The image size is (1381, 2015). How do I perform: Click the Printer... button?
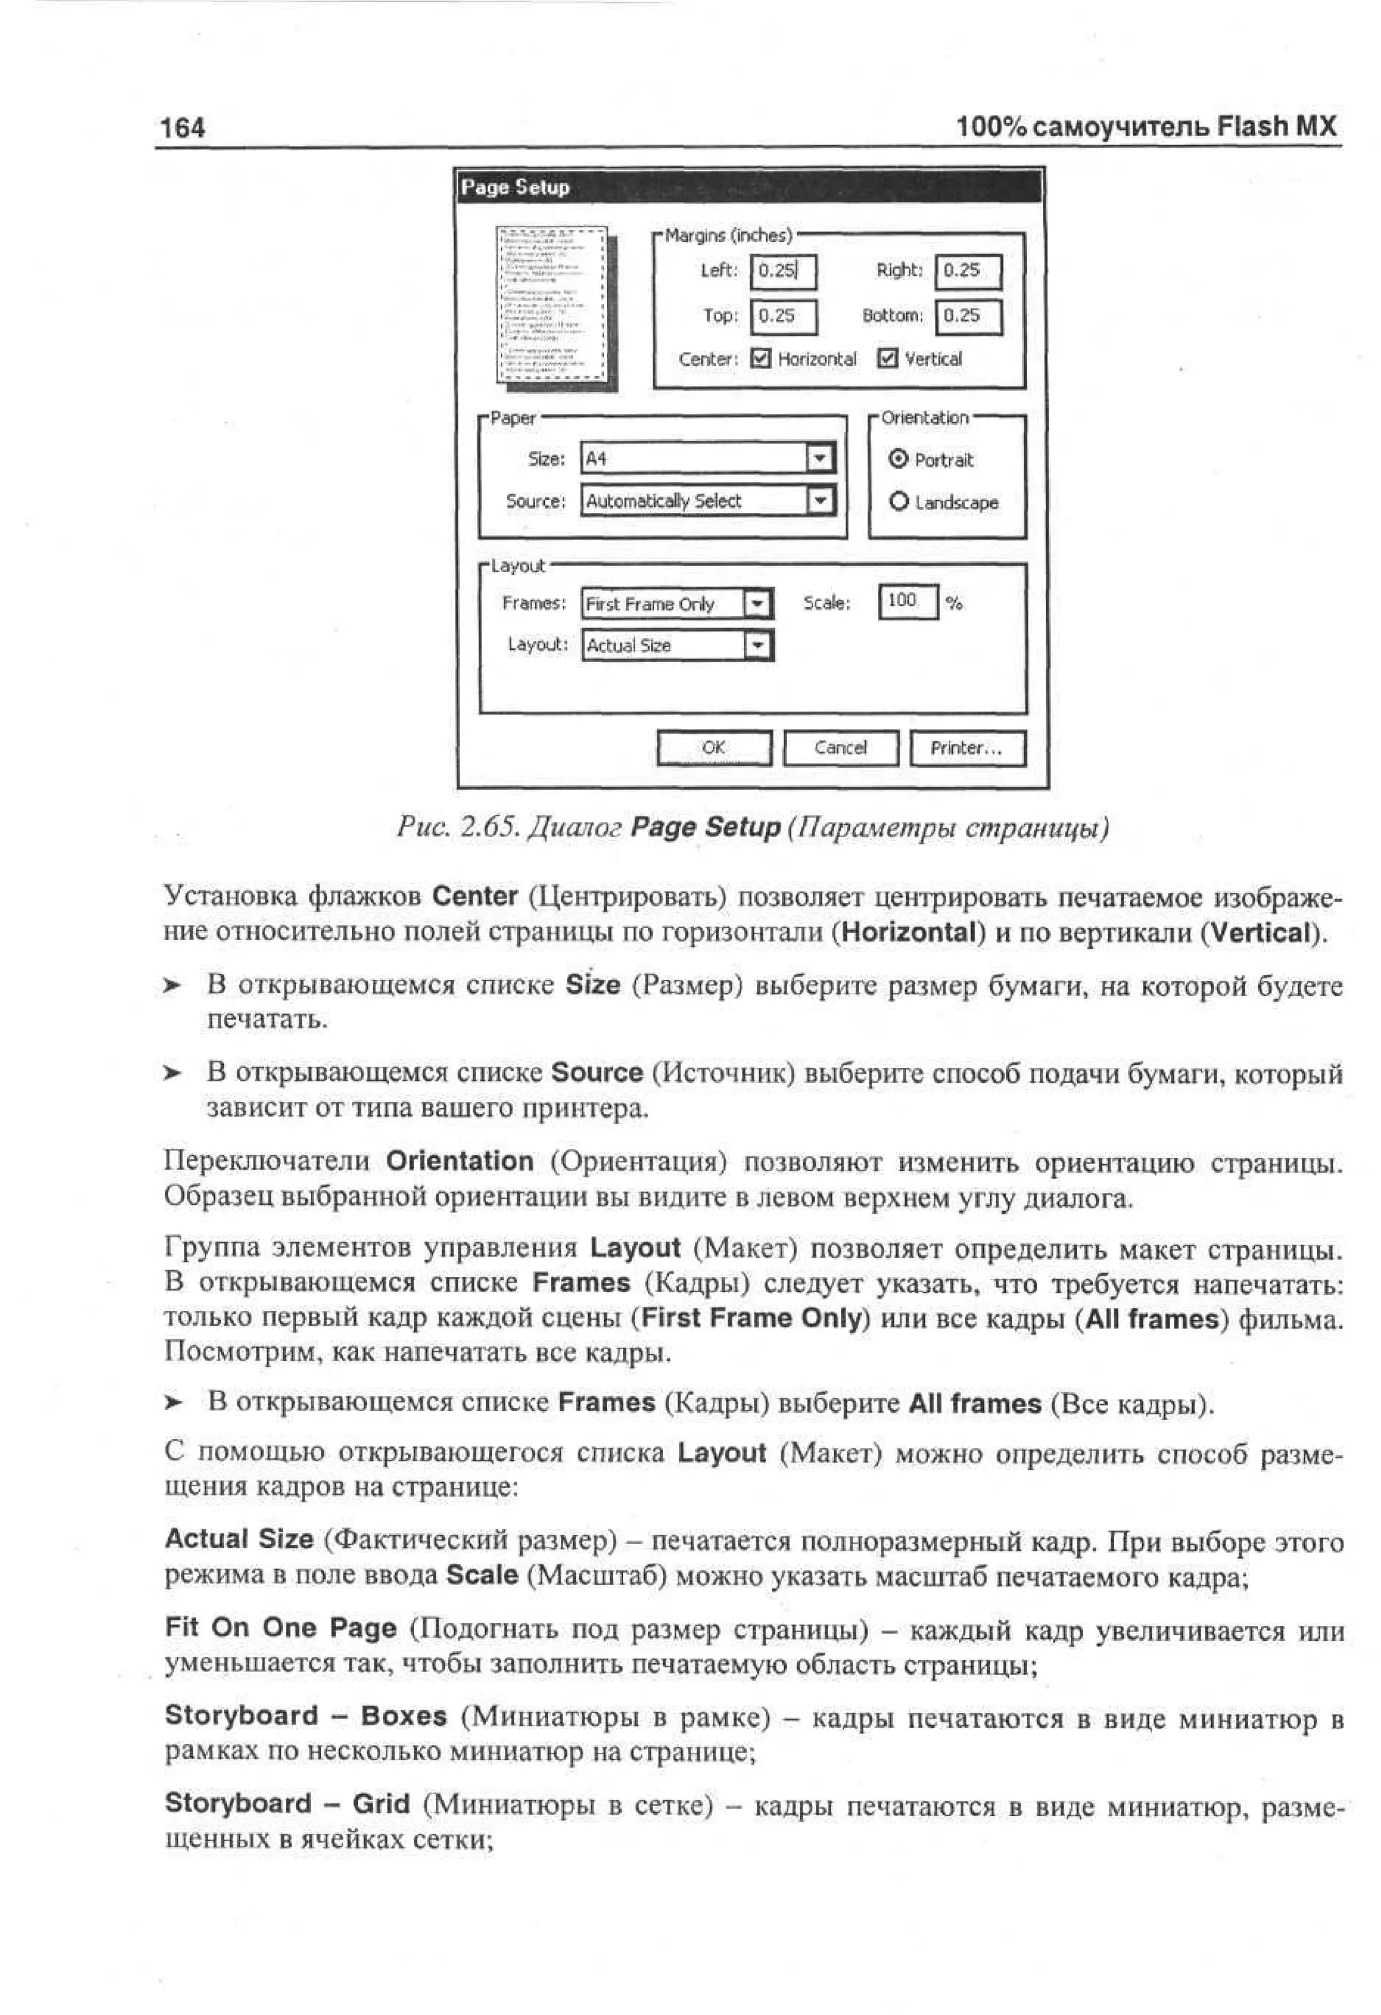click(966, 747)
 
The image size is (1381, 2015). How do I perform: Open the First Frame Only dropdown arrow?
click(757, 603)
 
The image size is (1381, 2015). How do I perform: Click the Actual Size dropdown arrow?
click(757, 645)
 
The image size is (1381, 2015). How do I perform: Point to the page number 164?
click(183, 128)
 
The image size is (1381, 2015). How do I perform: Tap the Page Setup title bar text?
click(515, 187)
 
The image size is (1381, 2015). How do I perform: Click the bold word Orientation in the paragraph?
click(459, 1161)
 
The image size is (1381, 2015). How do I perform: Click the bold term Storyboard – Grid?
click(287, 1803)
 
